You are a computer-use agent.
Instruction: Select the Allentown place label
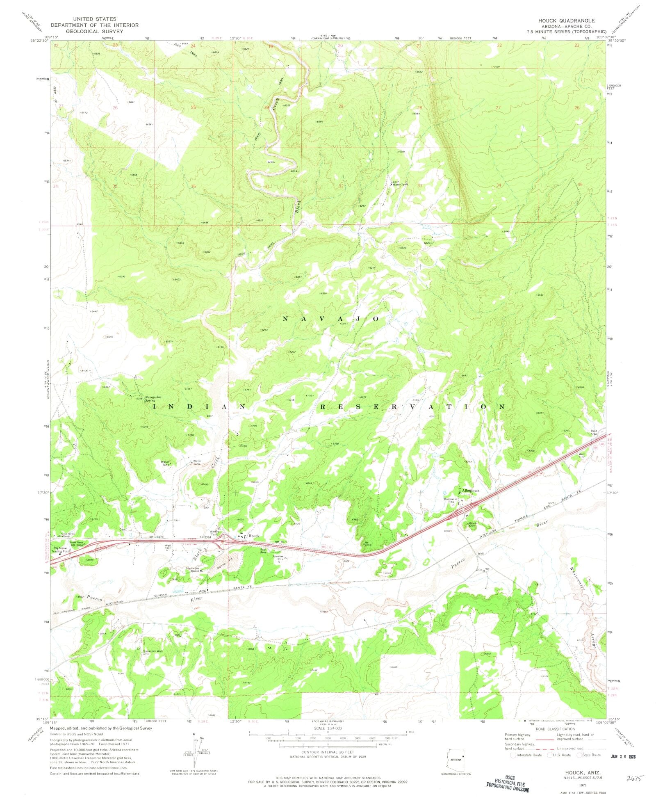470,491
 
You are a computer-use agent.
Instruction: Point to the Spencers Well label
153,651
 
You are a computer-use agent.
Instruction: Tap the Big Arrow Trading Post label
62,550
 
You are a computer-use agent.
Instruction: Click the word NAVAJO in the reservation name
331,319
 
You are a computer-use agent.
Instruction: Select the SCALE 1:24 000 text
328,728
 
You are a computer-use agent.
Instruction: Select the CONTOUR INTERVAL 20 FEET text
328,752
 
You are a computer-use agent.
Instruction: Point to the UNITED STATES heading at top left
95,19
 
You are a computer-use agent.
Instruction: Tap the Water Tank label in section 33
400,185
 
